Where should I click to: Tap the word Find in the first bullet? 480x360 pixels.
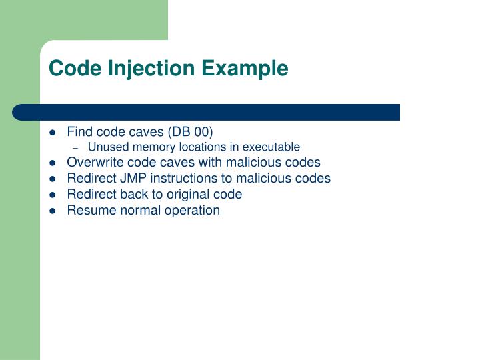[79, 131]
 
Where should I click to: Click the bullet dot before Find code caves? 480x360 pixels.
[53, 131]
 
